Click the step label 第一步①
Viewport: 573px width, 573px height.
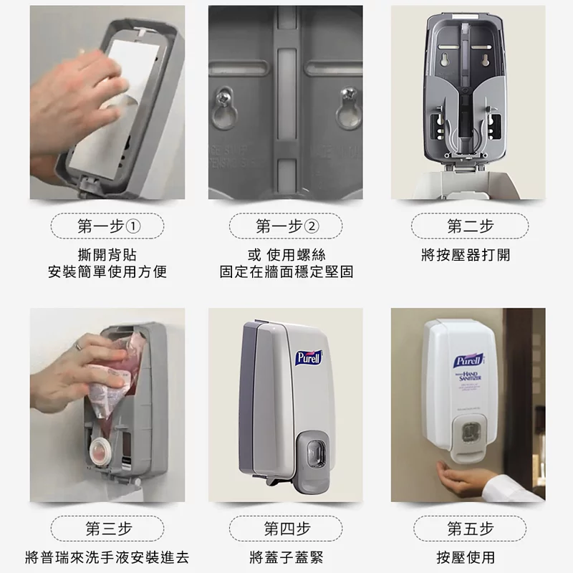[107, 227]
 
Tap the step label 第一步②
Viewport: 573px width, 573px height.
[286, 227]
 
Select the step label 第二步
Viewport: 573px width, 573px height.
[470, 227]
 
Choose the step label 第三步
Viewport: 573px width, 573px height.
[107, 529]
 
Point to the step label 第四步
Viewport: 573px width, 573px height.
[286, 529]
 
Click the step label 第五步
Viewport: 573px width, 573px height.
[470, 529]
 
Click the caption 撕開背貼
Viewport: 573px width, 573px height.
[107, 255]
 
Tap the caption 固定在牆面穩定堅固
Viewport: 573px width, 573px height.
[286, 272]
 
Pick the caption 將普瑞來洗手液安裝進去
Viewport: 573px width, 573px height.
[107, 557]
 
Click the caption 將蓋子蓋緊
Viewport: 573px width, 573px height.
[286, 557]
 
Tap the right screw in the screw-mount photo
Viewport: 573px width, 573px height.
[350, 94]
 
